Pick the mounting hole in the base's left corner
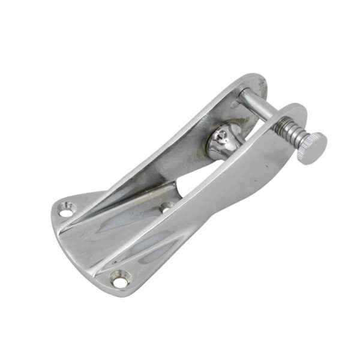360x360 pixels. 65,210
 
